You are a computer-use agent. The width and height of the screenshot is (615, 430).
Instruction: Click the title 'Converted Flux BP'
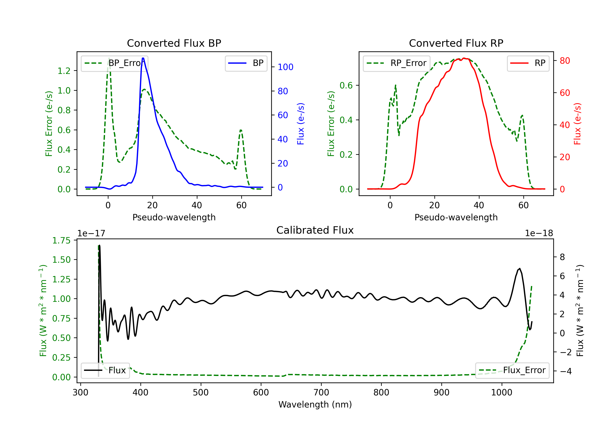click(174, 43)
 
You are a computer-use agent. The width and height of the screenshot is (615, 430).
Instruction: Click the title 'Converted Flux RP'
click(456, 43)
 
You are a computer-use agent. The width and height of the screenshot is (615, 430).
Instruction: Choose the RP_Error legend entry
click(396, 63)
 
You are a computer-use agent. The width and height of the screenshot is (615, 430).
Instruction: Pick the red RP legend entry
click(528, 63)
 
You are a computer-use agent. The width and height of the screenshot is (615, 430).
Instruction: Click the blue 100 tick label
click(285, 67)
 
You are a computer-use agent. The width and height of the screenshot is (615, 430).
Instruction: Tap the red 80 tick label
click(565, 61)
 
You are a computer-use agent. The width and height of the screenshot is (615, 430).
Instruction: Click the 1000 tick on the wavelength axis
click(501, 392)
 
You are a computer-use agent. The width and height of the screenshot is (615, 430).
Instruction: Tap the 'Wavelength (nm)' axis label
click(315, 404)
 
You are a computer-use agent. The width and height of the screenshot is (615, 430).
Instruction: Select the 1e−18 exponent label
click(539, 233)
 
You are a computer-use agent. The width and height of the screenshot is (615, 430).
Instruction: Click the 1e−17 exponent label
click(91, 233)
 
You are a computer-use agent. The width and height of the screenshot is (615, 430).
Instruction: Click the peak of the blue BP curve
click(143, 58)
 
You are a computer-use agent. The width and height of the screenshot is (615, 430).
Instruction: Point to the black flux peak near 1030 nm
click(520, 268)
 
